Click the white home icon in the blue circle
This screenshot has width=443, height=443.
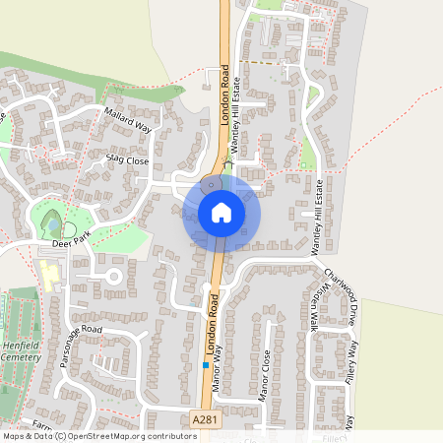click(221, 212)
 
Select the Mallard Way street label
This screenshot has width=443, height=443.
click(132, 122)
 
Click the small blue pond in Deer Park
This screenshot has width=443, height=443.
click(51, 225)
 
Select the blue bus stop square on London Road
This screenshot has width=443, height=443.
click(205, 364)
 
